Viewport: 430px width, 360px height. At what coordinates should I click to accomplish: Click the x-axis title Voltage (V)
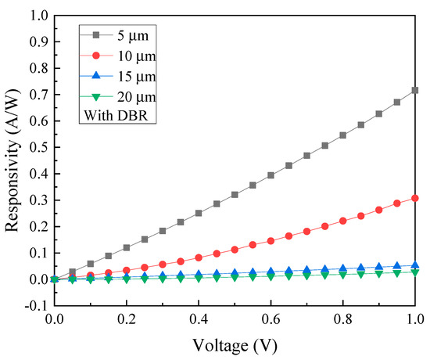pyautogui.click(x=235, y=344)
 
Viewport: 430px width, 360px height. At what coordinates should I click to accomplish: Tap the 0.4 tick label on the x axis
pyautogui.click(x=199, y=320)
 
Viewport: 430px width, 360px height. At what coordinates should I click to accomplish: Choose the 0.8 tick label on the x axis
pyautogui.click(x=343, y=320)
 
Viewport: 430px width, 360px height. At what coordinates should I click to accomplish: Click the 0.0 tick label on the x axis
pyautogui.click(x=54, y=320)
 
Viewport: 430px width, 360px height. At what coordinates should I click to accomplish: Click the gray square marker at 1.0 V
pyautogui.click(x=415, y=90)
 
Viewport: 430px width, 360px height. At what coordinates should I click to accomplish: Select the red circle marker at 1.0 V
pyautogui.click(x=415, y=198)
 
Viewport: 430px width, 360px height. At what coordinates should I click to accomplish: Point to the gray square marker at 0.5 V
pyautogui.click(x=235, y=194)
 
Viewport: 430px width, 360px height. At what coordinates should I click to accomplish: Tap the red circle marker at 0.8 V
pyautogui.click(x=343, y=221)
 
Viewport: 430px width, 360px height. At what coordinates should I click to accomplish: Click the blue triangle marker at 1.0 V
pyautogui.click(x=415, y=265)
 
